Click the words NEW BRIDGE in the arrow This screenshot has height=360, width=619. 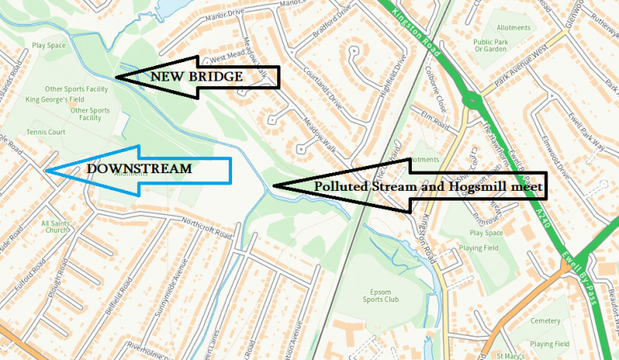coord(195,77)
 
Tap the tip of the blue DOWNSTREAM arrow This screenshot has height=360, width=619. coord(46,171)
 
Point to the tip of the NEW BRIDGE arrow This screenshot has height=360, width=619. coord(115,77)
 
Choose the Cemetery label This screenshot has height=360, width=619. coord(545,321)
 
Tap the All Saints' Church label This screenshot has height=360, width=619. coord(56,228)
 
